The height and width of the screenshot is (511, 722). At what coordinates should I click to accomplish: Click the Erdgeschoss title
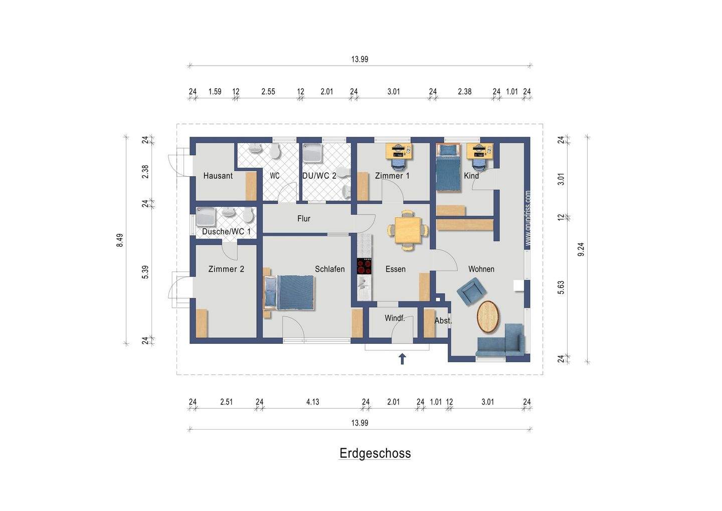pyautogui.click(x=375, y=453)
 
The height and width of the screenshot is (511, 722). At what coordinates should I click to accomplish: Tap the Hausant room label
pyautogui.click(x=218, y=176)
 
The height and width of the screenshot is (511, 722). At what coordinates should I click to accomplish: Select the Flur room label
pyautogui.click(x=304, y=219)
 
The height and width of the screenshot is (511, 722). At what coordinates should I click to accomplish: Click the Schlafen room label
pyautogui.click(x=330, y=269)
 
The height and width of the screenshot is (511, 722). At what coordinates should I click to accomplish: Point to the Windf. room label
pyautogui.click(x=395, y=318)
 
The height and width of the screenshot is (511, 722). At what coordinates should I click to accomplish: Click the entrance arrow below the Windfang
pyautogui.click(x=402, y=359)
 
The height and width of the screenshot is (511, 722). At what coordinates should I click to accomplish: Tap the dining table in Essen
pyautogui.click(x=408, y=230)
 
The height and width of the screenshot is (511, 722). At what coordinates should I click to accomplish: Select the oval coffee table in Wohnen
pyautogui.click(x=488, y=316)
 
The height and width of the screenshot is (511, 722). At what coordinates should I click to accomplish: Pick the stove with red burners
pyautogui.click(x=364, y=266)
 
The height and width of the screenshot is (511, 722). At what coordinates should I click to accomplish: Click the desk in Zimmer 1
pyautogui.click(x=400, y=151)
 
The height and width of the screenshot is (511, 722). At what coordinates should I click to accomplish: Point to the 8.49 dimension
pyautogui.click(x=120, y=240)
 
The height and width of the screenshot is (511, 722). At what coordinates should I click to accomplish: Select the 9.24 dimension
pyautogui.click(x=581, y=249)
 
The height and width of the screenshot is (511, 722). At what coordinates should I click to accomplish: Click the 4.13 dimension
pyautogui.click(x=313, y=402)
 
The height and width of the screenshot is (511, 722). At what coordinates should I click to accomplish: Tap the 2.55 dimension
pyautogui.click(x=268, y=92)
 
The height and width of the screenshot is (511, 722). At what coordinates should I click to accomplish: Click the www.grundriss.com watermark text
pyautogui.click(x=527, y=218)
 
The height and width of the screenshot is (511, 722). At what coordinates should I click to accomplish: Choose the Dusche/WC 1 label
pyautogui.click(x=226, y=231)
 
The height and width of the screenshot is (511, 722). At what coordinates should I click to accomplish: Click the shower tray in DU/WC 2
pyautogui.click(x=312, y=153)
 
